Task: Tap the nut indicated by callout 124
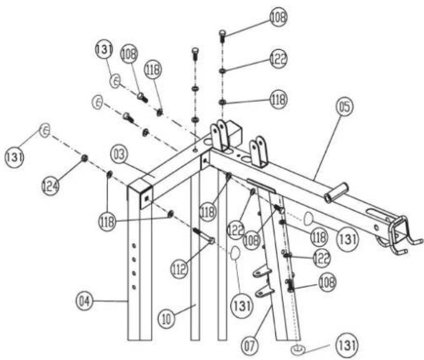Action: pos(83,158)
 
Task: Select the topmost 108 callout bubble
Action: pos(279,17)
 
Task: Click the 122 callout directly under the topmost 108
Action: pos(279,59)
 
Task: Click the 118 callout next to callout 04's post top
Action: pos(107,220)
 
